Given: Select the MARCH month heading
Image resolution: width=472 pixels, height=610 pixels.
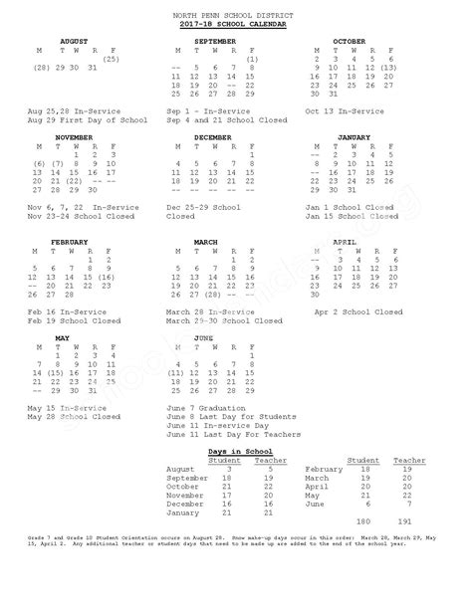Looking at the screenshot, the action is point(206,242).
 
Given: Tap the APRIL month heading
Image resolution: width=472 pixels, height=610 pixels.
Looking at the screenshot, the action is point(345,242).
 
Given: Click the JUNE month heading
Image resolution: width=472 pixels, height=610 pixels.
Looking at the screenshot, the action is point(203,338).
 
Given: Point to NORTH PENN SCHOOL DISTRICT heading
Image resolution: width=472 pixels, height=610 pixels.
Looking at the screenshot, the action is point(236,13).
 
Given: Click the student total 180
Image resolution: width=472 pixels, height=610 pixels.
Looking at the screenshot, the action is point(362,520).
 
